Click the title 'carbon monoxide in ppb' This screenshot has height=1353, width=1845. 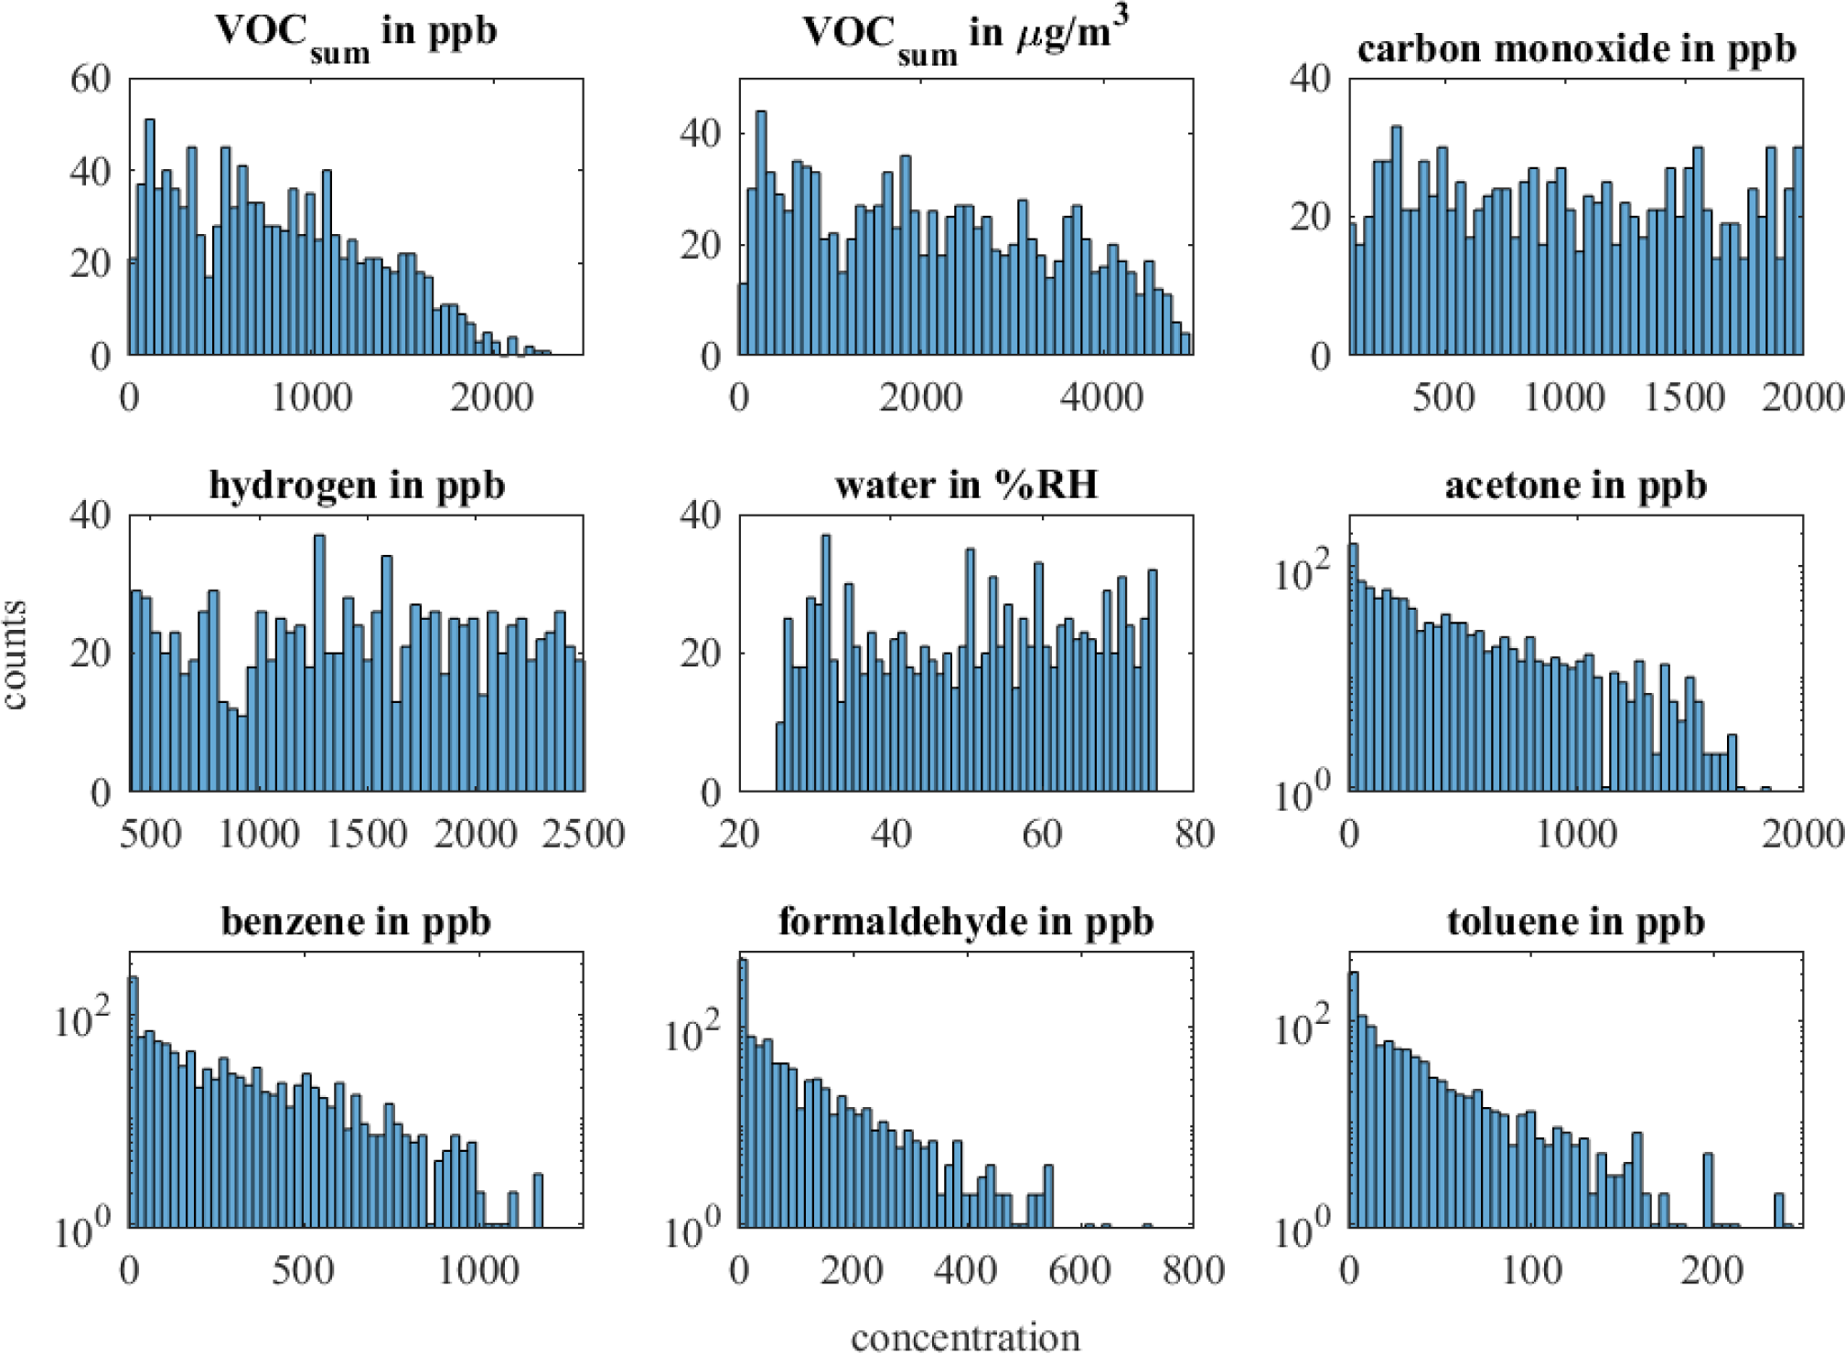tap(1576, 49)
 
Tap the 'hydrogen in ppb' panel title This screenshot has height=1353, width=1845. tap(357, 485)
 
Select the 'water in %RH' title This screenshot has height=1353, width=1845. tap(966, 485)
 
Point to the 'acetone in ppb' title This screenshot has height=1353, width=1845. tap(1576, 485)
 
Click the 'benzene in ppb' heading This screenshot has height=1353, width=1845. tap(357, 922)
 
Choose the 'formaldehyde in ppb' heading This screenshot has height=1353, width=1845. tap(966, 922)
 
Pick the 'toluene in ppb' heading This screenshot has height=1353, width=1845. tap(1576, 922)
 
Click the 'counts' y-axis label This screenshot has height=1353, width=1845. tap(15, 654)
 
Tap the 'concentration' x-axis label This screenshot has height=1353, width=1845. tap(966, 1337)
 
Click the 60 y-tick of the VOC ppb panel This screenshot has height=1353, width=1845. tap(91, 80)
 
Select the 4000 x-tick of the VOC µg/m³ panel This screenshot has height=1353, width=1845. tap(1101, 398)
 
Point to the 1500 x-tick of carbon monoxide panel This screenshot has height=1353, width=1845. tap(1684, 398)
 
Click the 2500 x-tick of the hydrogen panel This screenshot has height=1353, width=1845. tap(583, 834)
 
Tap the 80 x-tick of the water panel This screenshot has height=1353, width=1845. tap(1194, 834)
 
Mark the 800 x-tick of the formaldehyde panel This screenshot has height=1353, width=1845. tap(1194, 1271)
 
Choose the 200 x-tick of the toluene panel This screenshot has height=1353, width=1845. tap(1711, 1271)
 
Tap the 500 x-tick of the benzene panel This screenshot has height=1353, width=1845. tap(303, 1271)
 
